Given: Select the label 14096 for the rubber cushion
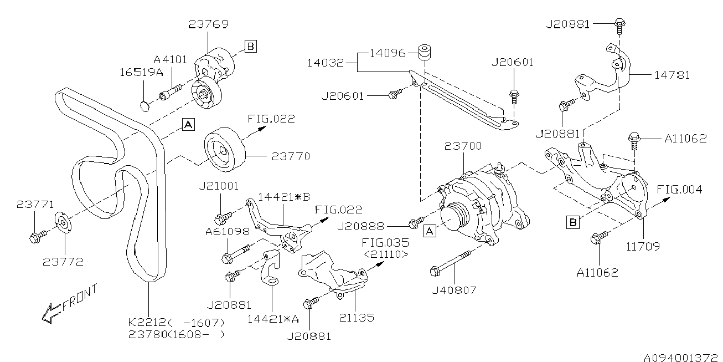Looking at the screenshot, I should coord(386,54).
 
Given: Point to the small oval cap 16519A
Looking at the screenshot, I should coord(144,105).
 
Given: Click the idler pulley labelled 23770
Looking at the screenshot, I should coord(222,147).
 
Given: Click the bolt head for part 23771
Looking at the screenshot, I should coord(35,238).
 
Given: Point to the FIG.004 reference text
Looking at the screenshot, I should coord(679,190).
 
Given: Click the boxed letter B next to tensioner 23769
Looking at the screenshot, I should coord(250,47).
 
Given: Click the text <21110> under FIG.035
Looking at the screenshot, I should coord(386,254).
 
